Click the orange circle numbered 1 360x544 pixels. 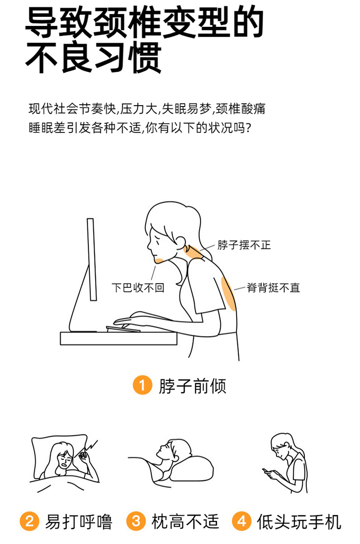(x=143, y=385)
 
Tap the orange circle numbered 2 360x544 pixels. (x=29, y=521)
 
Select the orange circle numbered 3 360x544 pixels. (x=136, y=521)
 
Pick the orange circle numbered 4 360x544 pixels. (x=241, y=521)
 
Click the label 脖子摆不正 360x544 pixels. (x=244, y=245)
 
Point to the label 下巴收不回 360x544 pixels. (x=138, y=288)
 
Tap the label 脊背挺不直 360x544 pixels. (x=273, y=288)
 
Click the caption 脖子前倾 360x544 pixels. (x=192, y=386)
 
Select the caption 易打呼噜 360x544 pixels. (x=79, y=522)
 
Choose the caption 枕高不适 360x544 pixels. (x=185, y=521)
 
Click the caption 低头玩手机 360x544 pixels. (x=299, y=522)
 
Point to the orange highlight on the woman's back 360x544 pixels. (x=228, y=293)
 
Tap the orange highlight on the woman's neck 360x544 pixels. (x=193, y=252)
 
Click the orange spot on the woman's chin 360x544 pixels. (x=159, y=260)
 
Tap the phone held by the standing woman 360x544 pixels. (x=266, y=471)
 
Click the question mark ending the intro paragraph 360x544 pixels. (x=248, y=128)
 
